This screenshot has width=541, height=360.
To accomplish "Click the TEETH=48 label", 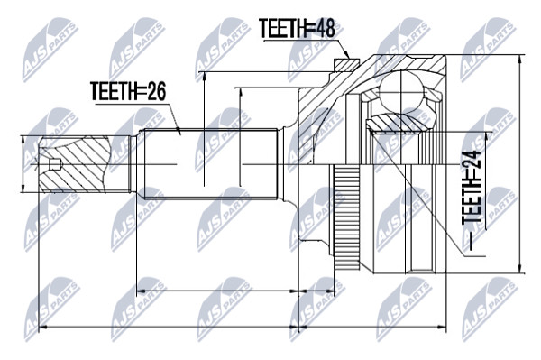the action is (298, 28).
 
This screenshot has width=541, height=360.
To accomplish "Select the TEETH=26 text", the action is (128, 91).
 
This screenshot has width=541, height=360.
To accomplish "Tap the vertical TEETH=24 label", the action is (472, 200).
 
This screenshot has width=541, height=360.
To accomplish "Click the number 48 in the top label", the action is (325, 28).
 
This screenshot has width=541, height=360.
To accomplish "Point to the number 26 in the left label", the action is (155, 91).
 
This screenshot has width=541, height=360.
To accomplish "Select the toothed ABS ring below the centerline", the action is (347, 217).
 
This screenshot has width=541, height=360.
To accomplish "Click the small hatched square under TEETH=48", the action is (346, 65).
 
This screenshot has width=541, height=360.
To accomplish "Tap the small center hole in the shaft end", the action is (55, 164).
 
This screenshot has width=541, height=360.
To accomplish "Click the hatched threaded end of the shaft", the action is (75, 164).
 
